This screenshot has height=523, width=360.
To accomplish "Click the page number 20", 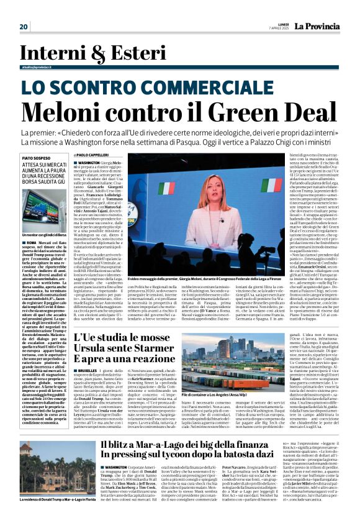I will pyautogui.click(x=24, y=26).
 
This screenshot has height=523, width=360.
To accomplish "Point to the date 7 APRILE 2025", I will pyautogui.click(x=267, y=29).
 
